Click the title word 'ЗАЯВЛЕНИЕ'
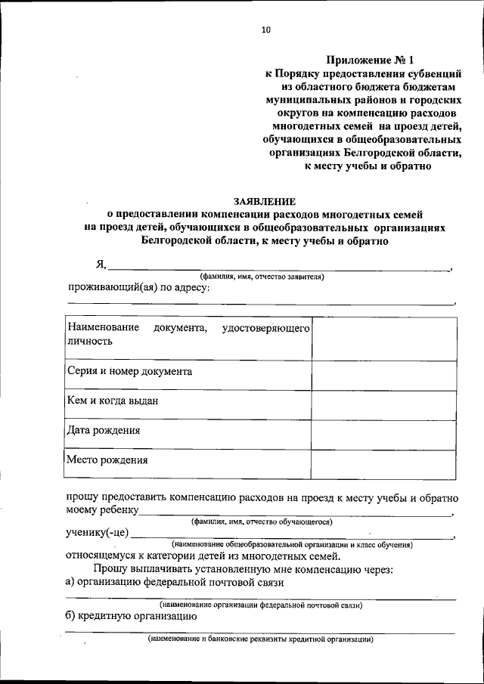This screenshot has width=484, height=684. point(265,201)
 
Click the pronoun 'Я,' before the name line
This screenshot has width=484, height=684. point(101,264)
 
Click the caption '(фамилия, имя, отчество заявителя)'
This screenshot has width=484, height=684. point(262,277)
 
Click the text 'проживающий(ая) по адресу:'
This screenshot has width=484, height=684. point(138,288)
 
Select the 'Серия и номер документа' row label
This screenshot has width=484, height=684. point(129,372)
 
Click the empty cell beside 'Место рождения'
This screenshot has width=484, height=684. point(384,461)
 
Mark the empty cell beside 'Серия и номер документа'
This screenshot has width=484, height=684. point(384,373)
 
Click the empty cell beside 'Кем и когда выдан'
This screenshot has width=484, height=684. point(384,402)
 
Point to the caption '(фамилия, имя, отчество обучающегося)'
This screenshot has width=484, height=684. point(262,522)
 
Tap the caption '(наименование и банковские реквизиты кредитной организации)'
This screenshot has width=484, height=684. point(261,639)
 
